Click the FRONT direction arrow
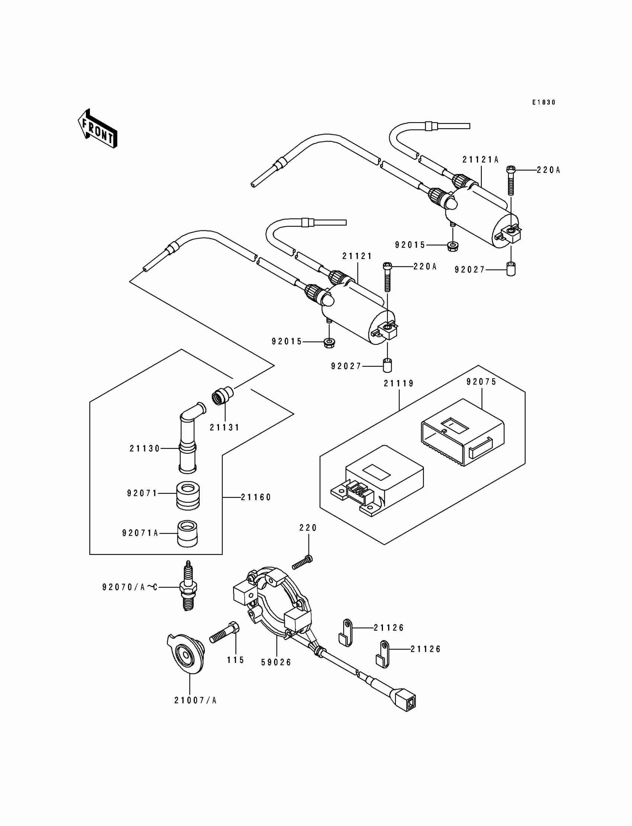coord(97,129)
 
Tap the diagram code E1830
coord(544,102)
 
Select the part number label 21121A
coord(480,160)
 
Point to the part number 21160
coord(256,498)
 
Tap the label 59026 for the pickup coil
coord(277,663)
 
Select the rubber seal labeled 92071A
coord(187,534)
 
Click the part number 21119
coord(399,383)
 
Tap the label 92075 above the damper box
coord(481,382)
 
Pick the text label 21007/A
coord(196,700)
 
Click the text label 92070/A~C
coord(130,587)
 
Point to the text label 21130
coord(145,448)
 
